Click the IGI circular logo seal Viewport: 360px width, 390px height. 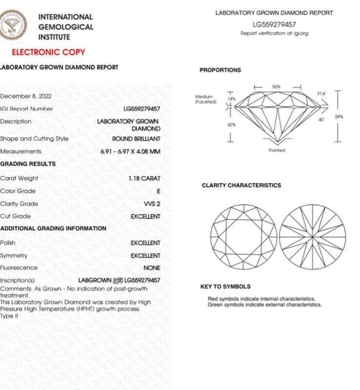(13, 24)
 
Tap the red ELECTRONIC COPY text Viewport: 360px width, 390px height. (48, 52)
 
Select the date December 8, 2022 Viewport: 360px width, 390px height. (26, 96)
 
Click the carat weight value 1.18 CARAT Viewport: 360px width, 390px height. (144, 178)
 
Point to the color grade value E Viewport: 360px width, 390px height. (158, 191)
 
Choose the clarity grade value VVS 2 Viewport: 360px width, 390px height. (152, 204)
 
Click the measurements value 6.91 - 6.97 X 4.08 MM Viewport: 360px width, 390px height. (130, 152)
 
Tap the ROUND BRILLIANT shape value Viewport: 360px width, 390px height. (136, 139)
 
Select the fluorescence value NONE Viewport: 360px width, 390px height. (152, 268)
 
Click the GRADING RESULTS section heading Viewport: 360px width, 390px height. (28, 164)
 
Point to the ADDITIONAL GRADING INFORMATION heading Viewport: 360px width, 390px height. (53, 228)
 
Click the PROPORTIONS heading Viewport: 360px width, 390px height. (220, 70)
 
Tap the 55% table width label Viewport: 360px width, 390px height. (277, 87)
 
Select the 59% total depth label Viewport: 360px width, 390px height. (339, 117)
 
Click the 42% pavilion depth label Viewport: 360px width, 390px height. (231, 125)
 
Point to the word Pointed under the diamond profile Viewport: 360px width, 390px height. (277, 150)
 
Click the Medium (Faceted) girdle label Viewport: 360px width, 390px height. (205, 99)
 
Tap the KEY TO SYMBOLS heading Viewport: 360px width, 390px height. (225, 287)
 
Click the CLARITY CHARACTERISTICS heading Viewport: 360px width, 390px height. (241, 186)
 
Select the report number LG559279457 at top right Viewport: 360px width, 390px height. (274, 24)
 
